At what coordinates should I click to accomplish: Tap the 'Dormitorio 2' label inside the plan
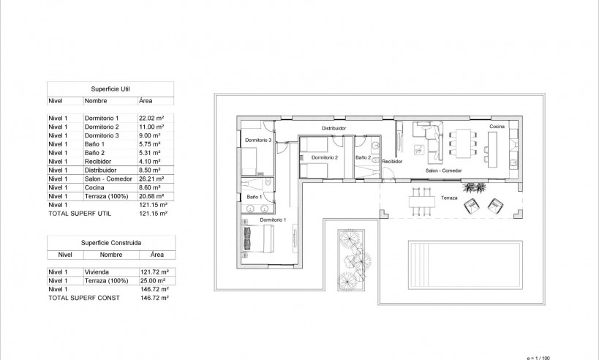324,157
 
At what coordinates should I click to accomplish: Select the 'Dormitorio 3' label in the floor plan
258,140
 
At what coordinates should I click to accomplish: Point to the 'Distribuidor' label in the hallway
332,128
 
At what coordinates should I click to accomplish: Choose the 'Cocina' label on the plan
497,127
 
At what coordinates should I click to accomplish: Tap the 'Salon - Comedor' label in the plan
444,170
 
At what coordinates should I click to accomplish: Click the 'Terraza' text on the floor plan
450,198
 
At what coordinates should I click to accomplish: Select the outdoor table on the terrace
420,202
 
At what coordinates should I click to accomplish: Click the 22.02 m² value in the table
150,118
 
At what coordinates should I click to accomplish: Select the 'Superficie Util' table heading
110,86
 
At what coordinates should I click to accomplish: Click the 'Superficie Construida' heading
110,241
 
